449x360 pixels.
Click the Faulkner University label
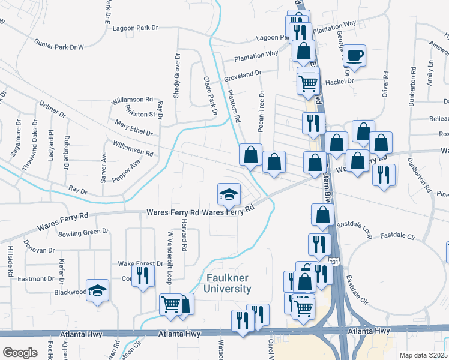point(229,283)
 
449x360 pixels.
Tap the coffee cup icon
point(354,56)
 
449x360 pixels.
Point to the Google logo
point(20,353)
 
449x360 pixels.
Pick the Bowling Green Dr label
point(81,231)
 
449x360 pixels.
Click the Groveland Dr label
point(243,76)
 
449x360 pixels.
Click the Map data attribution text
point(423,355)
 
